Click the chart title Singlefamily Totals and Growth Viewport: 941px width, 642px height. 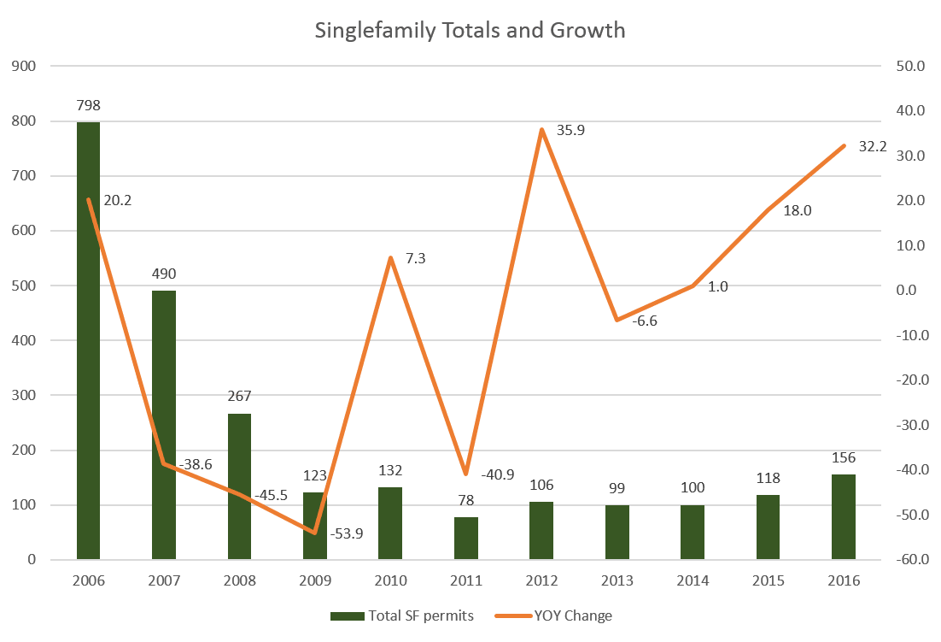[470, 31]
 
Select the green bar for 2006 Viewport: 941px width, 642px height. [88, 342]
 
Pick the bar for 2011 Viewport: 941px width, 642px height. [465, 539]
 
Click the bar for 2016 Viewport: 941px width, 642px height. [844, 517]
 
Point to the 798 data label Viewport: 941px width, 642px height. [88, 106]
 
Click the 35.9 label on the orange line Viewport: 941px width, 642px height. [570, 131]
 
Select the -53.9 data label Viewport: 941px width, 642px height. [347, 533]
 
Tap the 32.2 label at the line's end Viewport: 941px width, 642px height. [872, 147]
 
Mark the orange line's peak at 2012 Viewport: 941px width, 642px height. [541, 130]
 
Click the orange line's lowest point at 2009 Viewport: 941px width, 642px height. [315, 532]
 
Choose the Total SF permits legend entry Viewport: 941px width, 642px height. [401, 615]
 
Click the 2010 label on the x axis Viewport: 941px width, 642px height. [390, 580]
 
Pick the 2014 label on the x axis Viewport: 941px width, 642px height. [693, 580]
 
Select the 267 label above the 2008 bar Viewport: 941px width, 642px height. [239, 397]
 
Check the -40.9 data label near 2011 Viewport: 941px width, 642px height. [498, 474]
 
